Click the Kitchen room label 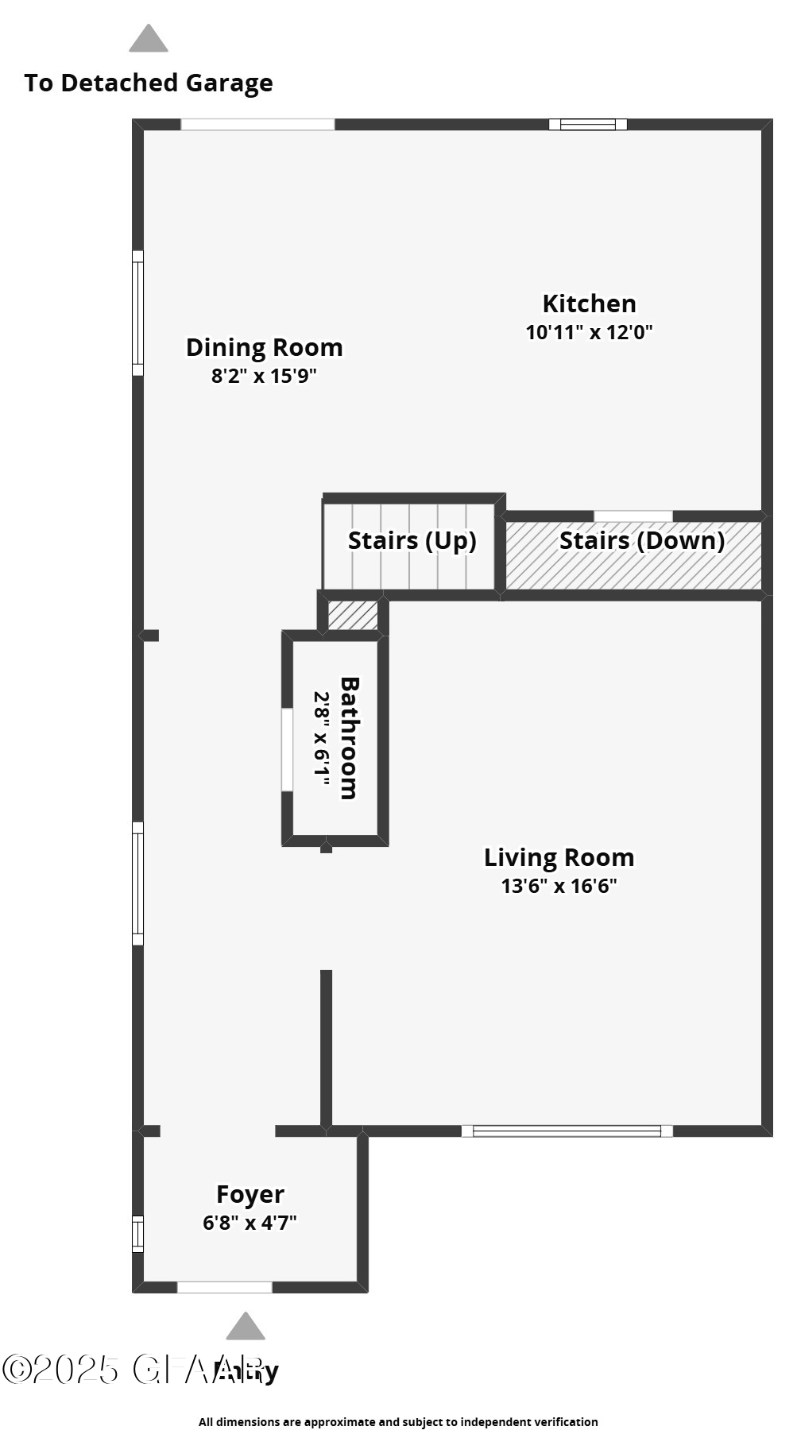[589, 303]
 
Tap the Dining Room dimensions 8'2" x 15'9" [264, 376]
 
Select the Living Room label [559, 857]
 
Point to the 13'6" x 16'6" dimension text [559, 886]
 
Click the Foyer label [250, 1194]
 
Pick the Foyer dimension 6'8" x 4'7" [250, 1223]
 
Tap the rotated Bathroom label [349, 737]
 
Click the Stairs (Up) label [412, 541]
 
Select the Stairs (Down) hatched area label [641, 541]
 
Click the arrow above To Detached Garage [149, 39]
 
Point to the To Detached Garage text [149, 83]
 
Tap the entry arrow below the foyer [246, 1327]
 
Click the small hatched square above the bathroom [353, 616]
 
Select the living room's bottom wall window [567, 1131]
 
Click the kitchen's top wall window [588, 124]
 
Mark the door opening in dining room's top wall [257, 124]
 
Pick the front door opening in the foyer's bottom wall [224, 1287]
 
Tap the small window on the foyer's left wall [137, 1234]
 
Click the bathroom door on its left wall [287, 749]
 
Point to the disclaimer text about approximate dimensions [398, 1422]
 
